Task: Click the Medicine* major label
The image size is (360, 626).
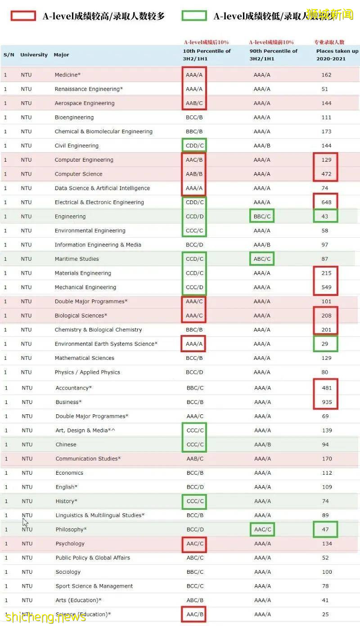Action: tap(67, 75)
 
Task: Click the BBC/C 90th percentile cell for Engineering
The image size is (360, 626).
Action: tap(262, 217)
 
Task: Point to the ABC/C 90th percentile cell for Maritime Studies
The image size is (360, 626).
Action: tap(262, 259)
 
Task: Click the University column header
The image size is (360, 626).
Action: tap(34, 55)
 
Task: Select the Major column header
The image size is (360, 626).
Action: tap(62, 55)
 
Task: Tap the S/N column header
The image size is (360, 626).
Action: tap(9, 55)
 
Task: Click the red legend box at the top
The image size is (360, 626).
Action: tap(23, 16)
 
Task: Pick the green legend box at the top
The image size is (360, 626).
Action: tap(194, 16)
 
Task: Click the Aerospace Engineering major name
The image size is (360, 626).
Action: tap(85, 103)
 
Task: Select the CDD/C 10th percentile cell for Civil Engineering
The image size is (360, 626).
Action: tap(195, 145)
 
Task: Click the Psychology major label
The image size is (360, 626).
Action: tap(70, 544)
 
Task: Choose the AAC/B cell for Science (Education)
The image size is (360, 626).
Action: tap(195, 614)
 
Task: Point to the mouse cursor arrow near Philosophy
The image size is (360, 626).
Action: tap(25, 522)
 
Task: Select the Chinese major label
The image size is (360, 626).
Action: tap(66, 445)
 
